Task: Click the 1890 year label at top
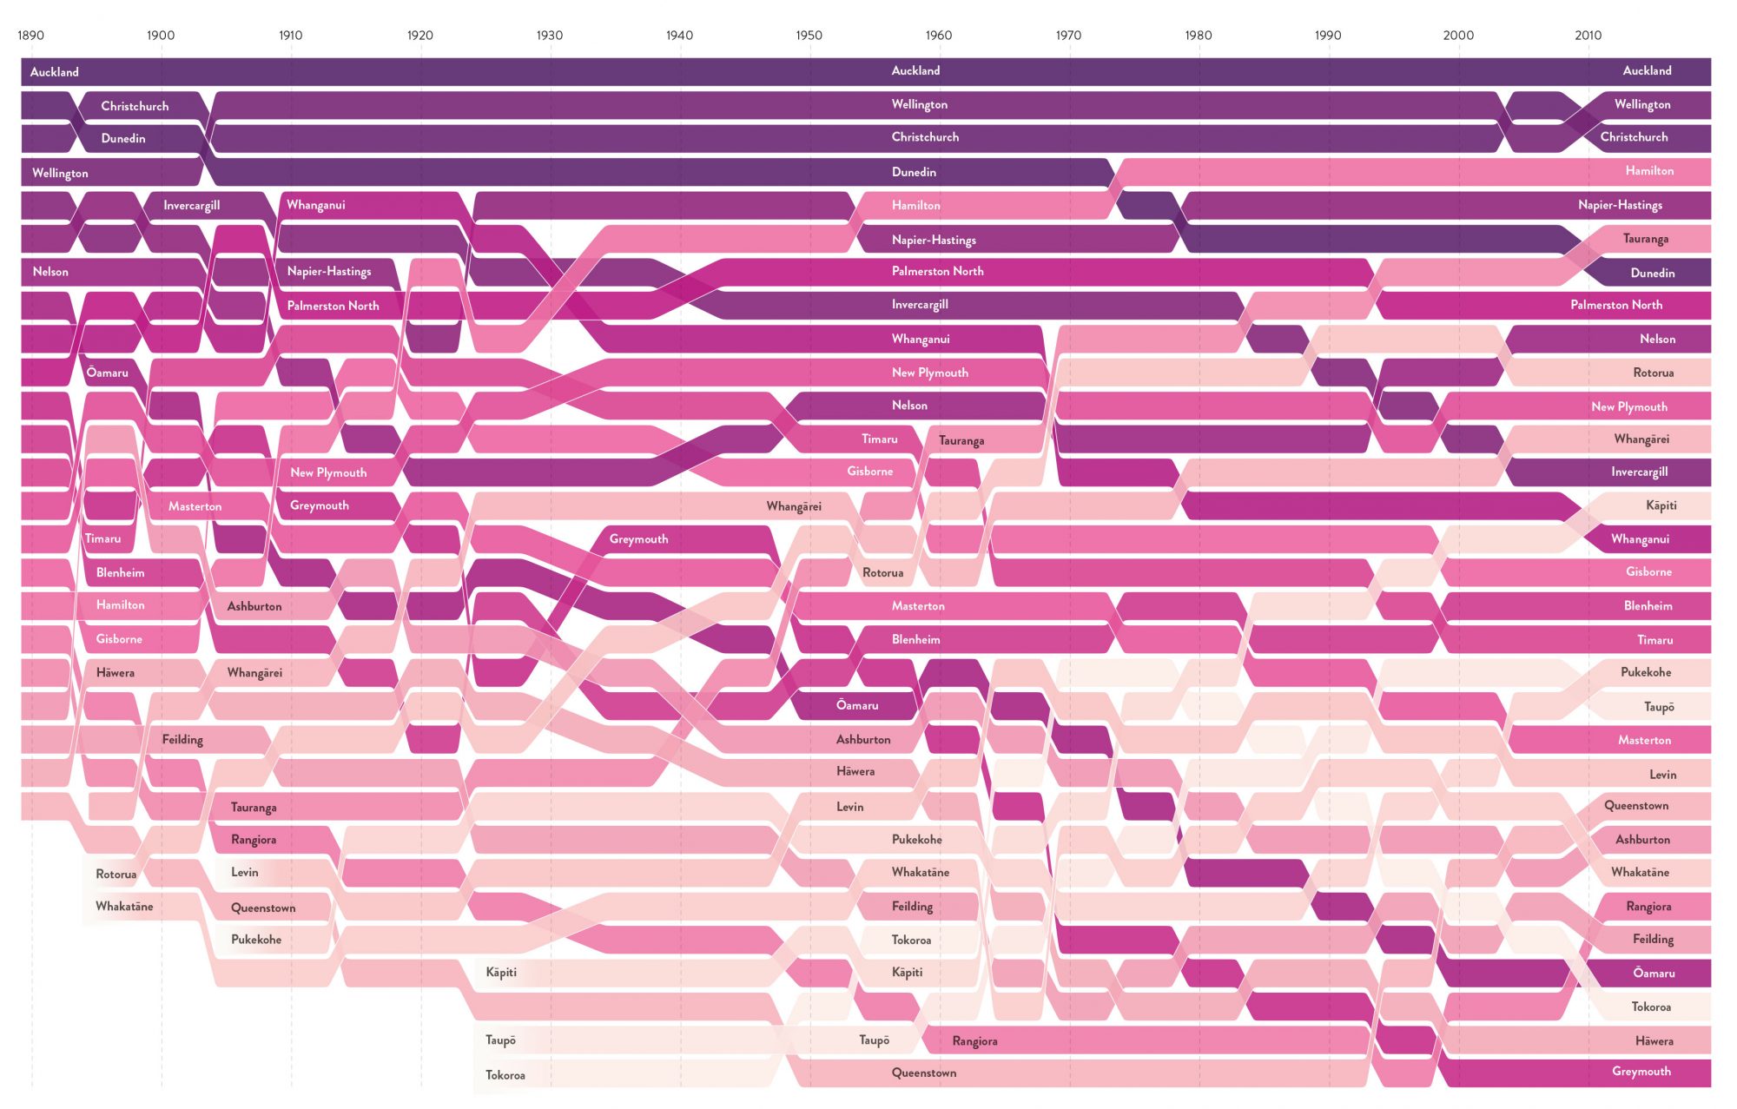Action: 30,36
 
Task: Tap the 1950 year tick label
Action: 809,36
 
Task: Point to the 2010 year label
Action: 1588,36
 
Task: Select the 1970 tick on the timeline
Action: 1068,36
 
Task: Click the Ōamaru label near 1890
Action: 107,373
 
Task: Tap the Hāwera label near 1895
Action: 116,672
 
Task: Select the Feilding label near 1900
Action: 182,740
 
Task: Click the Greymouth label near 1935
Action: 638,539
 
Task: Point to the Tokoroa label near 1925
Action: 505,1075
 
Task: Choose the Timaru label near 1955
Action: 879,439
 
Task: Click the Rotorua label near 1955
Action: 882,573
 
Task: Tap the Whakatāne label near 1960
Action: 920,872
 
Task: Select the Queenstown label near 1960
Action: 923,1073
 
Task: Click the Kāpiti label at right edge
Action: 1661,505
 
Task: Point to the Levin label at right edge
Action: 1662,775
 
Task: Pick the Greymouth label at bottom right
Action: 1641,1072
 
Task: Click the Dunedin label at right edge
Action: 1652,274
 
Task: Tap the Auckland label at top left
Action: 54,72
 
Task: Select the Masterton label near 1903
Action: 195,506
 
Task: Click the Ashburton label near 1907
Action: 254,606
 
